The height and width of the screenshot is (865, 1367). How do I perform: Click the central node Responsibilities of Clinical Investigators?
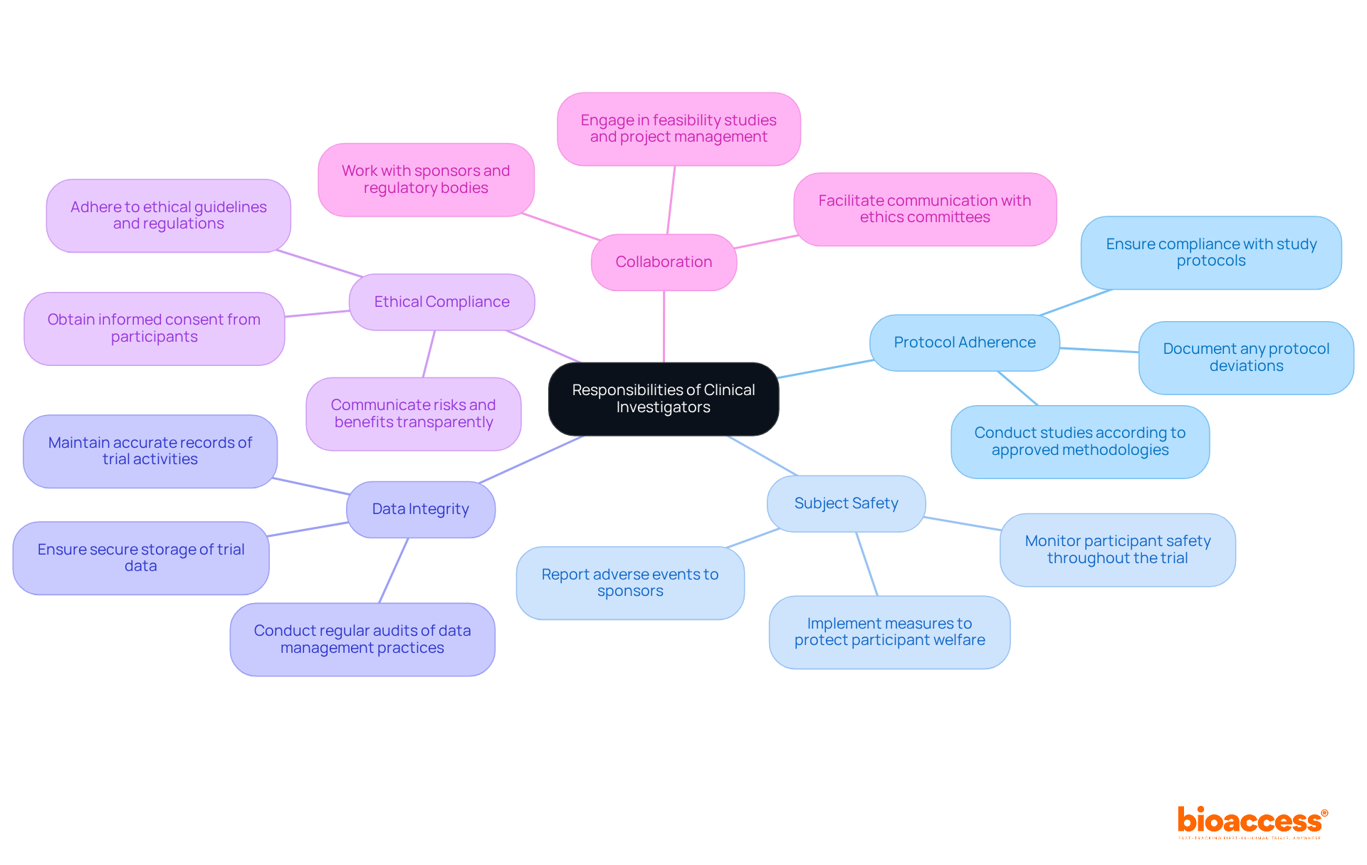[x=663, y=399]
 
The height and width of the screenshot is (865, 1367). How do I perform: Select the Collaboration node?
[x=663, y=262]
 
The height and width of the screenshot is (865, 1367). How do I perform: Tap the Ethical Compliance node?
[x=441, y=302]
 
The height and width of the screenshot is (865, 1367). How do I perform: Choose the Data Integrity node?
[x=420, y=509]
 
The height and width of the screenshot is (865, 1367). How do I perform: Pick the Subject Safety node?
[x=846, y=503]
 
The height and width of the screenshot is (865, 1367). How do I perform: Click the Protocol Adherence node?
[x=964, y=342]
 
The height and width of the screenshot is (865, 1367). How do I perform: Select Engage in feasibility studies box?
[x=678, y=129]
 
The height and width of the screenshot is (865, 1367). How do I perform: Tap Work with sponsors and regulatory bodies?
[x=426, y=179]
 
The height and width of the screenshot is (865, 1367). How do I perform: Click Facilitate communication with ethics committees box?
[x=924, y=209]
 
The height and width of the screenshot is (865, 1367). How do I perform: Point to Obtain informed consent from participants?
[x=154, y=328]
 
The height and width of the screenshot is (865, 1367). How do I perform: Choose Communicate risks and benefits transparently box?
[x=413, y=414]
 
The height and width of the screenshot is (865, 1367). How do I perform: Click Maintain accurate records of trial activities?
[x=150, y=451]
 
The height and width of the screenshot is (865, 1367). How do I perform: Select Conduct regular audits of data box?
[x=362, y=639]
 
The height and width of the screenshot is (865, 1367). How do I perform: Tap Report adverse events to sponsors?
[x=629, y=582]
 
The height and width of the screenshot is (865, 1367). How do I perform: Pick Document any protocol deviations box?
[x=1245, y=357]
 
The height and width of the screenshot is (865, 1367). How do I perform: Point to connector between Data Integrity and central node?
[x=530, y=459]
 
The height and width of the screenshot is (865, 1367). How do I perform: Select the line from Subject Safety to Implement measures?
[x=866, y=563]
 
